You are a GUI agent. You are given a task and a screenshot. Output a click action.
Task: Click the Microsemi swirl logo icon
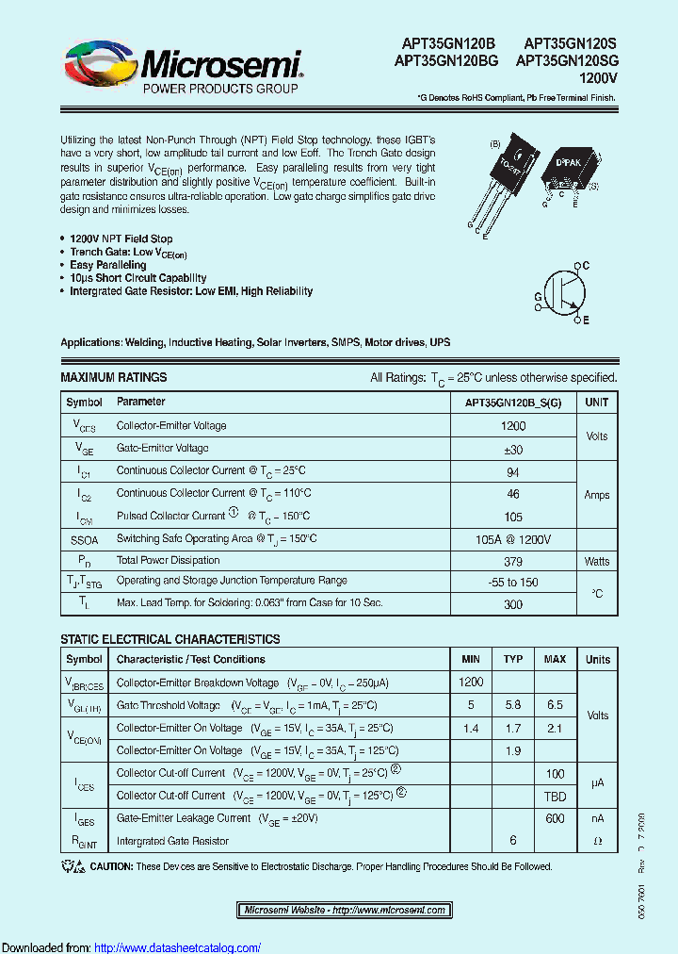[99, 63]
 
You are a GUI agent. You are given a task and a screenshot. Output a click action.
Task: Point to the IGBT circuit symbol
[563, 293]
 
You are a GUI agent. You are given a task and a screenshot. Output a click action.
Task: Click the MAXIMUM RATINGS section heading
[113, 377]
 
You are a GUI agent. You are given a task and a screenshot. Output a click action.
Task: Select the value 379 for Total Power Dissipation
[514, 561]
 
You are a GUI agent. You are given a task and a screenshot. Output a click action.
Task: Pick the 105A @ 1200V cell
[514, 538]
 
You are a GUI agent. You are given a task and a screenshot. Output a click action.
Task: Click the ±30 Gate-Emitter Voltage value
[514, 448]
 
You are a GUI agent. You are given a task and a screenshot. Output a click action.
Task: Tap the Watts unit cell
[597, 561]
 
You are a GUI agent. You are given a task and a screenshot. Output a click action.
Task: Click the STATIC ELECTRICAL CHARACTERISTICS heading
[169, 639]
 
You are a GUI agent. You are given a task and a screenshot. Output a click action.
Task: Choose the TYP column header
[513, 659]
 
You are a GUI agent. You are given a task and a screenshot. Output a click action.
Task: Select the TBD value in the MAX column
[555, 796]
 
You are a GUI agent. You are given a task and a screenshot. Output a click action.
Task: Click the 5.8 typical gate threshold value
[513, 705]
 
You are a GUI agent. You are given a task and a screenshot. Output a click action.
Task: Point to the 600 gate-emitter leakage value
[555, 818]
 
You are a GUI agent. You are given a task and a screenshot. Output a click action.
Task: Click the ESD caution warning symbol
[73, 866]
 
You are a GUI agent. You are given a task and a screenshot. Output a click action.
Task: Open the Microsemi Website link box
[345, 910]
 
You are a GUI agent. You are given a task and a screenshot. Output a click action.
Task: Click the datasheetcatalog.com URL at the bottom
[178, 946]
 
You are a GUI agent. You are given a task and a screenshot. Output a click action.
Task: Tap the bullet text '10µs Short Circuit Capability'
[137, 278]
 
